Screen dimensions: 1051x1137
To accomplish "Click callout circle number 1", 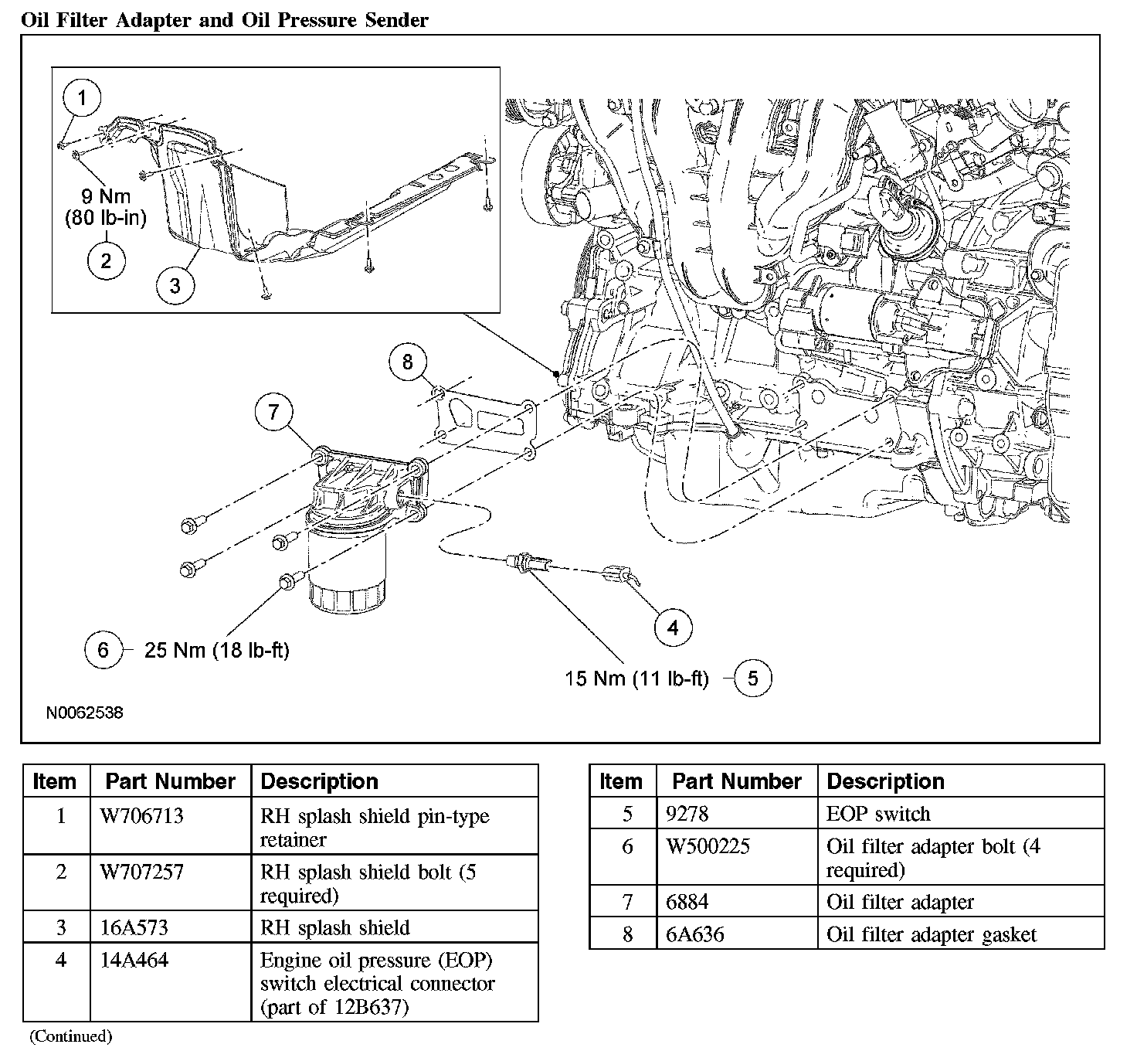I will click(81, 98).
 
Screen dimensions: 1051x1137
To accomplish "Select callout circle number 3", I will click(175, 285).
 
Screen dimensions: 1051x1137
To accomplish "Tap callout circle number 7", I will click(274, 413).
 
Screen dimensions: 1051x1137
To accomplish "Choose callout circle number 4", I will click(673, 628).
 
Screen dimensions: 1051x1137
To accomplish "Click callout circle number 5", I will click(752, 679).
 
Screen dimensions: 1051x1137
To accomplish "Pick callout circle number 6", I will click(104, 650).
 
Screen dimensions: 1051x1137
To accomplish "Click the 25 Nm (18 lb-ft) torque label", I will click(217, 651).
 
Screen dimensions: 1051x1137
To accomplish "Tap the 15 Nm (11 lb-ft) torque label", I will click(636, 679).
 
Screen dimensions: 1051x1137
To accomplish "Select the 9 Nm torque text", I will click(107, 196).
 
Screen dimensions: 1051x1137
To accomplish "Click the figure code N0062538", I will click(84, 713).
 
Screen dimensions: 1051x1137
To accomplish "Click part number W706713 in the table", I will click(142, 816).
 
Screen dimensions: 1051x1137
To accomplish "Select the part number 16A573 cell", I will click(134, 927).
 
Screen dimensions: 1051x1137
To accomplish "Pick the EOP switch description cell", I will click(878, 814).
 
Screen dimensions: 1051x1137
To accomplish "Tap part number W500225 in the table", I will click(708, 846).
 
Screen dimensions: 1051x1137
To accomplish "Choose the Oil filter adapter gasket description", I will click(931, 934).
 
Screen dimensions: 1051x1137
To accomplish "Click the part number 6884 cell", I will click(687, 902).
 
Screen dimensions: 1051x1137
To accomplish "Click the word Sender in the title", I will click(396, 20).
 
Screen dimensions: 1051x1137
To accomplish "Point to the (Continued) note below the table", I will click(70, 1036).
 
